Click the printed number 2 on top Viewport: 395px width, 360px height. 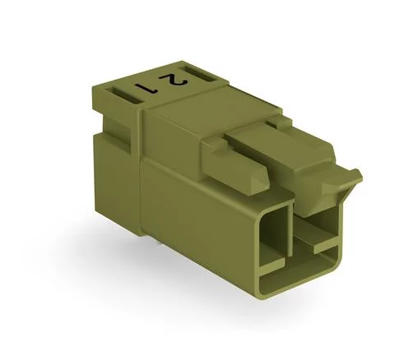[172, 80]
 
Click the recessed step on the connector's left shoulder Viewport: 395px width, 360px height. [115, 132]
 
